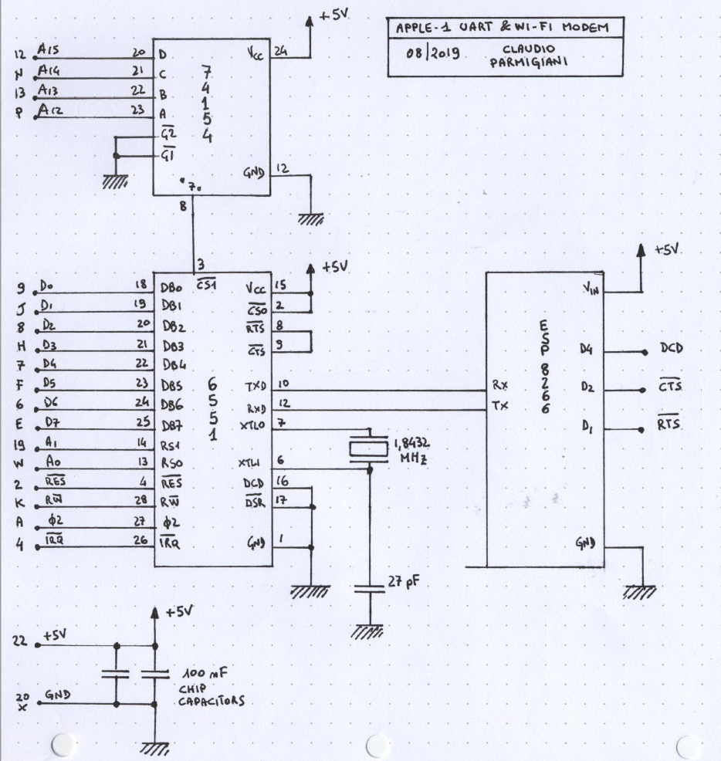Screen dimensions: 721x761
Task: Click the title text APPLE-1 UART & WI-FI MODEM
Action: (x=502, y=27)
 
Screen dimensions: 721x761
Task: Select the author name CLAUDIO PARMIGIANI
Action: (x=528, y=56)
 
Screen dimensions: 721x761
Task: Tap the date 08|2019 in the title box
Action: (x=432, y=52)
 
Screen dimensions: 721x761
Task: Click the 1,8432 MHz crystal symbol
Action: (x=369, y=448)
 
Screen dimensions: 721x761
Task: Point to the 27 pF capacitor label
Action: (x=403, y=581)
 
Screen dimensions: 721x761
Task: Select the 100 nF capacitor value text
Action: (x=205, y=674)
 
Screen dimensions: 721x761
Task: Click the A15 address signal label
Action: (x=48, y=49)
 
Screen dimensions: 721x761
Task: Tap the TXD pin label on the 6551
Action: (x=256, y=387)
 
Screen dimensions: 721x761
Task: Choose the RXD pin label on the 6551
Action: (x=256, y=408)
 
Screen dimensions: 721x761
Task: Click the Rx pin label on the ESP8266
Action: (x=500, y=385)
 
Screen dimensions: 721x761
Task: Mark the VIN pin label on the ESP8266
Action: (x=591, y=289)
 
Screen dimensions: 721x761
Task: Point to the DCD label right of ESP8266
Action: (x=672, y=348)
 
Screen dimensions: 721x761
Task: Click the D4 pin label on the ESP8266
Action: (x=586, y=349)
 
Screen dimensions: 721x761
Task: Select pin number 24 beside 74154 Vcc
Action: (x=281, y=50)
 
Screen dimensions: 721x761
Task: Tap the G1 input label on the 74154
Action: (x=168, y=155)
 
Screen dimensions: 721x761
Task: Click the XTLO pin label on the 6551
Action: (x=252, y=425)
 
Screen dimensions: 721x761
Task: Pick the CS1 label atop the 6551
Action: (x=206, y=285)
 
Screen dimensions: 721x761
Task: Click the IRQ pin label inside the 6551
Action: (x=170, y=543)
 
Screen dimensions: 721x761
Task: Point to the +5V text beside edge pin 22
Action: (x=55, y=635)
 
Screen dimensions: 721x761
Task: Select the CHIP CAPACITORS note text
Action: (x=212, y=695)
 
